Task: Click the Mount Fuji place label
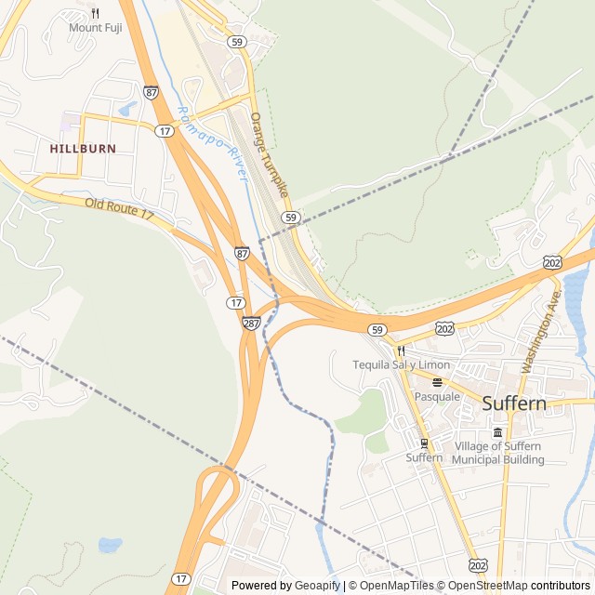(x=95, y=28)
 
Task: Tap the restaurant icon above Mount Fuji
(x=95, y=13)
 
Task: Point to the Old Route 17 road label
(x=119, y=209)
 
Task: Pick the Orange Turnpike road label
(x=270, y=160)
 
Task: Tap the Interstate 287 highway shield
(x=251, y=323)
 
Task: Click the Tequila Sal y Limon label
(x=401, y=365)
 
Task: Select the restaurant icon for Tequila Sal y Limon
(x=402, y=351)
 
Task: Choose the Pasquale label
(x=437, y=396)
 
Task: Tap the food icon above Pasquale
(x=437, y=382)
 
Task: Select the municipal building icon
(x=497, y=433)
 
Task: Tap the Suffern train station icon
(x=424, y=443)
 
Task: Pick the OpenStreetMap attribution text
(x=487, y=586)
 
